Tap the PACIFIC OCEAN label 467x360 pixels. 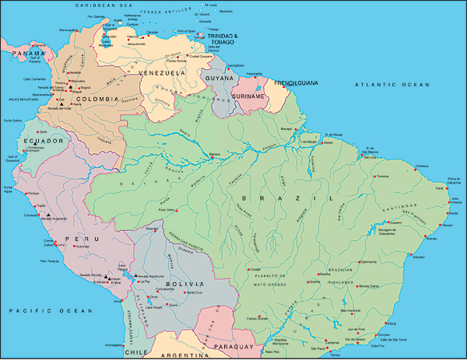[x=45, y=310]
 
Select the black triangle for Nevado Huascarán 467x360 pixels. [x=49, y=215]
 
